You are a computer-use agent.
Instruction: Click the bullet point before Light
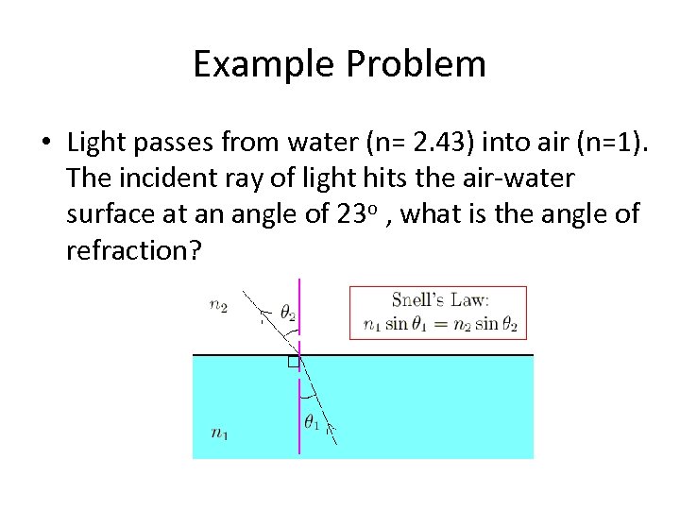(45, 144)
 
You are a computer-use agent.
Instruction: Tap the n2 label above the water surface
(218, 304)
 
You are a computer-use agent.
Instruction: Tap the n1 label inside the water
(218, 433)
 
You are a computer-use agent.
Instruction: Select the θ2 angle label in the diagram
(288, 313)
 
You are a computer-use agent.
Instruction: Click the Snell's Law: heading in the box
(440, 299)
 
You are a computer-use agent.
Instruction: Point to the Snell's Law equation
(440, 324)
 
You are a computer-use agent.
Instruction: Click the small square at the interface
(293, 362)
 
